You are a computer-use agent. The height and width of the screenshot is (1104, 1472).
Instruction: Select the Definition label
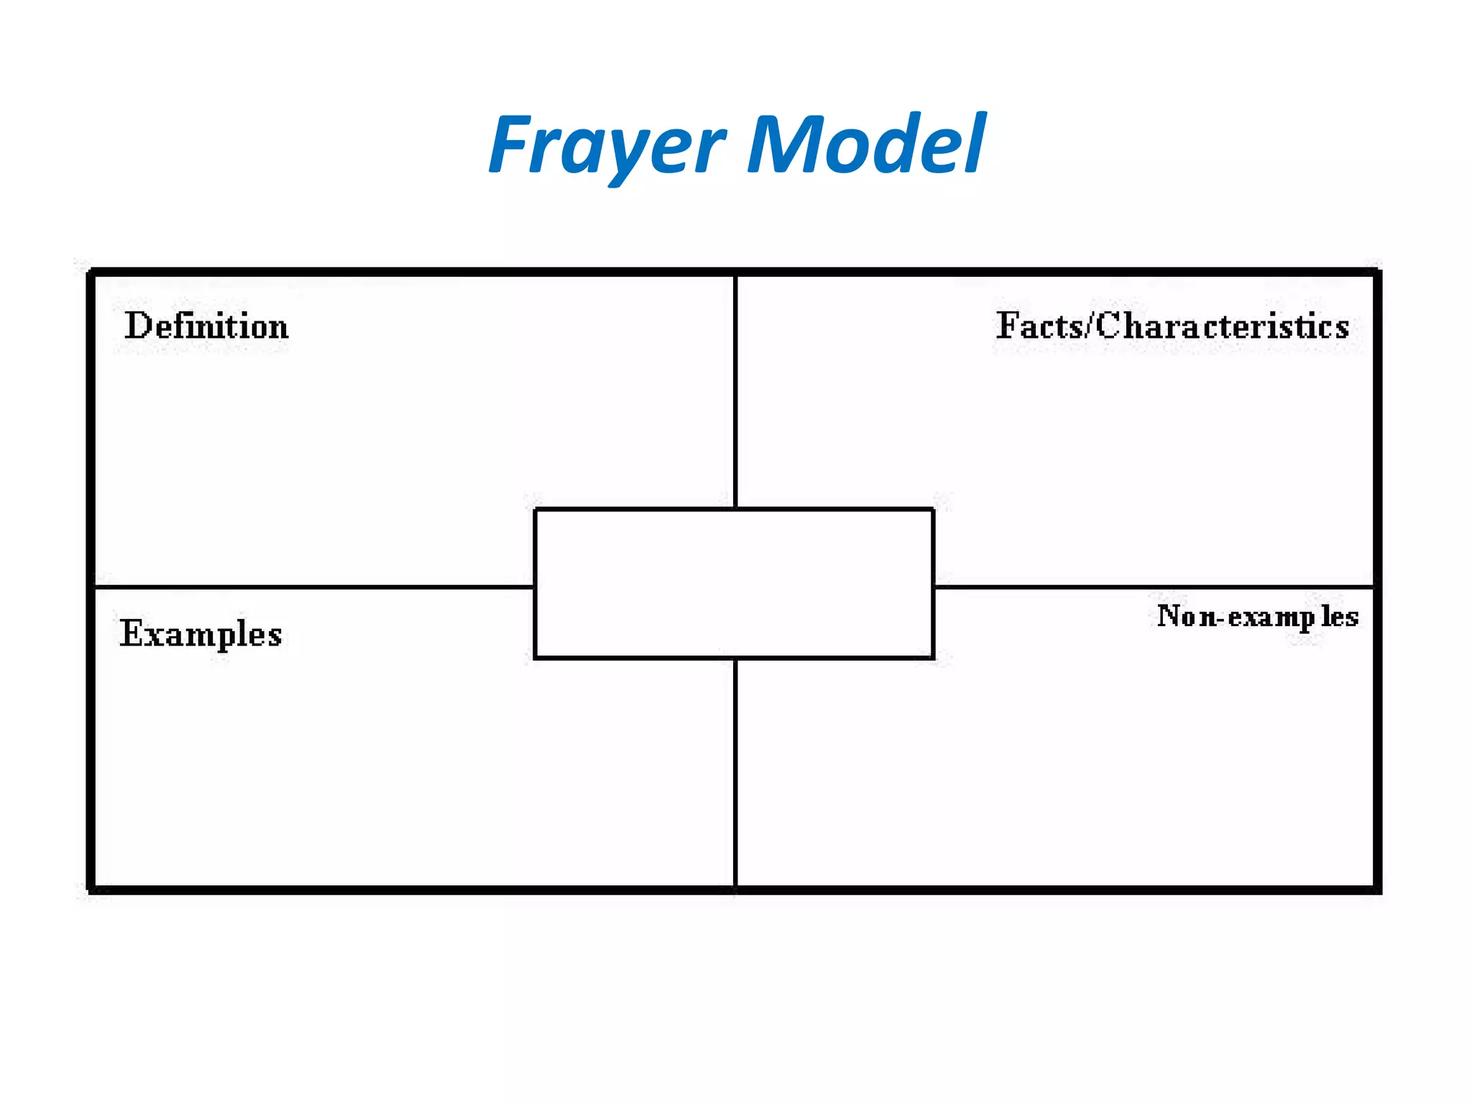tap(206, 326)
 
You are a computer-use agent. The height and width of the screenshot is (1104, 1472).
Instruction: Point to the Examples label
tap(201, 634)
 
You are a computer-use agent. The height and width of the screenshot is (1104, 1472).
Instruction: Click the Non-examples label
tap(1257, 617)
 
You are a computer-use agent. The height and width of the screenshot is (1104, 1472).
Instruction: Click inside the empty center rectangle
tap(734, 583)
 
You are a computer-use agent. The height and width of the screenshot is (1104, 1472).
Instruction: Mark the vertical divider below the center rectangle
tap(735, 773)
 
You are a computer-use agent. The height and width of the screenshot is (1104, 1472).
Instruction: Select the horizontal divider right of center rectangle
tap(1154, 587)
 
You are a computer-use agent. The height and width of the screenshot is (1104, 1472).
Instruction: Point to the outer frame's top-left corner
tap(91, 272)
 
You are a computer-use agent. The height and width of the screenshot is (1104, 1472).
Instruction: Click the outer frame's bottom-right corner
tap(1377, 890)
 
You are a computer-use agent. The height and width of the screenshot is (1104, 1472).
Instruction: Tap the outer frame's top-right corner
tap(1377, 272)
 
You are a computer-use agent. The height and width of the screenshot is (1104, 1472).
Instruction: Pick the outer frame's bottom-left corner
tap(91, 890)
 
